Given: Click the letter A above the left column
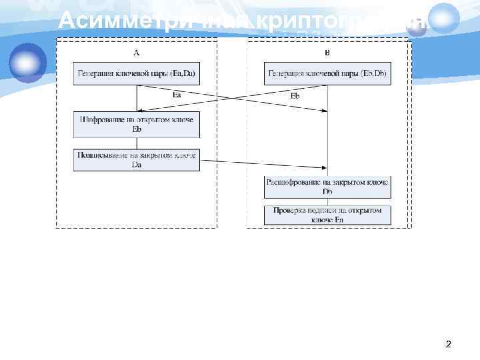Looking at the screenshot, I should coord(137,52).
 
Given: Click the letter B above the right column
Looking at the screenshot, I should coord(327,52).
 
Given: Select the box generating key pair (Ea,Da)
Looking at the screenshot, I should coord(137,73).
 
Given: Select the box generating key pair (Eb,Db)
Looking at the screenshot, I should coord(327,73).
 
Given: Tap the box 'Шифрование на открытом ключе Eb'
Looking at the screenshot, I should coord(137,123).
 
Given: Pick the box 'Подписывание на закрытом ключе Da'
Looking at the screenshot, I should coord(137,160).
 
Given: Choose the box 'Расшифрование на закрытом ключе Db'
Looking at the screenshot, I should coord(327,187).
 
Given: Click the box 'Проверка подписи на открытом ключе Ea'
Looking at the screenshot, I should coord(327,215).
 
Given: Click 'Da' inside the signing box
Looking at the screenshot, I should coord(137,165).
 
